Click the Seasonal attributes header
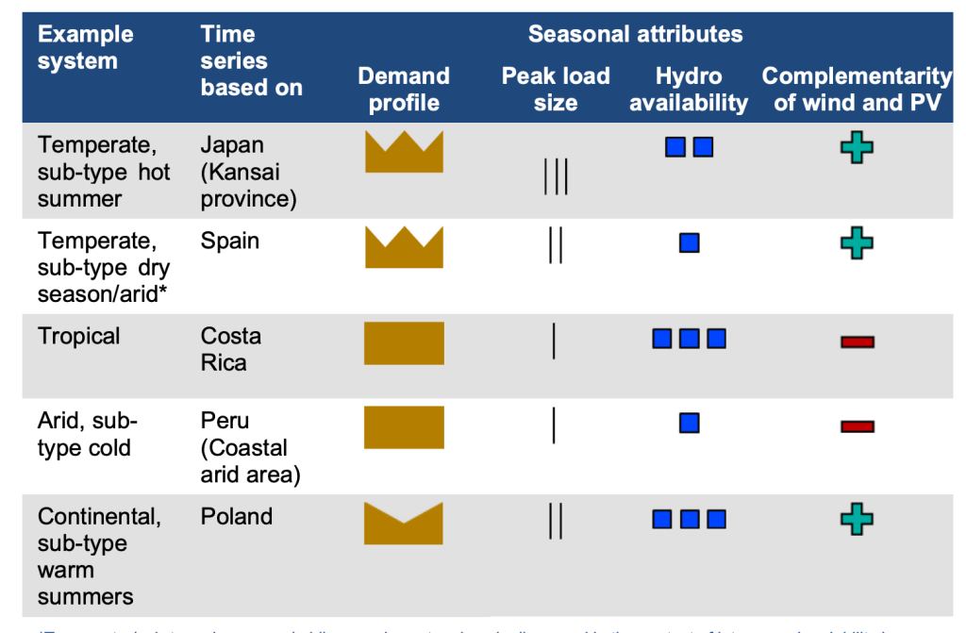pos(635,35)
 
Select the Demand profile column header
pos(404,89)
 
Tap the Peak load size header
pos(556,89)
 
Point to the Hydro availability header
pos(689,89)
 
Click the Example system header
pos(85,48)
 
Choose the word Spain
pos(230,241)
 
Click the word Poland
pos(237,516)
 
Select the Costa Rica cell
pos(231,349)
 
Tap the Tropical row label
pos(79,336)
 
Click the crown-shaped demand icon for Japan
pos(404,153)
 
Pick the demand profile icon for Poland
pos(404,524)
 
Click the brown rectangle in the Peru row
pos(404,426)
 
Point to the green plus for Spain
pos(857,242)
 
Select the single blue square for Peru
pos(689,423)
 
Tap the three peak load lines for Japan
pos(556,176)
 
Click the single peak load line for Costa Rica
pos(554,341)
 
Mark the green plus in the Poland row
pos(857,518)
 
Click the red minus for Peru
pos(857,426)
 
